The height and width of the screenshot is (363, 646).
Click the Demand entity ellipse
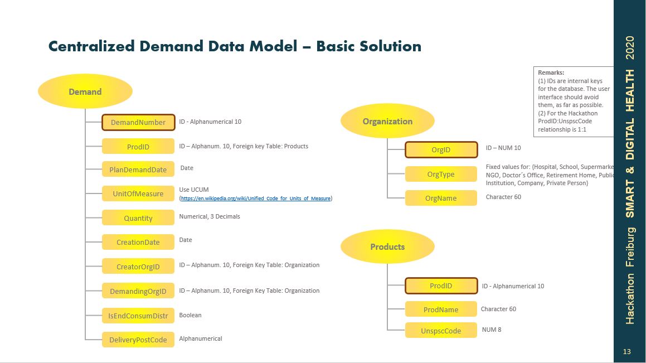click(x=85, y=91)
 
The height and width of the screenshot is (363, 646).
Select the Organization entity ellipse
click(x=387, y=122)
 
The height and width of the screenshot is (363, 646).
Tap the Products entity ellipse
click(x=387, y=246)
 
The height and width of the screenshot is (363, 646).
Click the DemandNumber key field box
click(x=138, y=122)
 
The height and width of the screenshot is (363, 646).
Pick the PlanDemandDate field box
click(x=138, y=170)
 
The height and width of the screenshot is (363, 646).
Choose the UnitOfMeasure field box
click(x=138, y=194)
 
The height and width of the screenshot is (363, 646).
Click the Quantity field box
click(x=138, y=218)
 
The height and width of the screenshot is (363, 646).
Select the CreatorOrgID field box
click(x=138, y=267)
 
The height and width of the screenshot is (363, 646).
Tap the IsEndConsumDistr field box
click(x=138, y=316)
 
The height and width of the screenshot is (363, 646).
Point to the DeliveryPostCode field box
click(x=138, y=340)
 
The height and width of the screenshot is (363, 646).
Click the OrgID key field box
click(x=441, y=149)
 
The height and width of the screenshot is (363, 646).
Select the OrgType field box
click(x=441, y=174)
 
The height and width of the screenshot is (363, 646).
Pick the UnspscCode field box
click(x=441, y=331)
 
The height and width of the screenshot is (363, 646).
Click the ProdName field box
click(x=441, y=309)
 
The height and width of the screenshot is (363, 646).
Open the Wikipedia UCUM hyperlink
click(x=255, y=199)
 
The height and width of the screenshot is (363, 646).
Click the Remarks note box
click(x=574, y=101)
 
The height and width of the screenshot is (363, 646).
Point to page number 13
click(x=627, y=351)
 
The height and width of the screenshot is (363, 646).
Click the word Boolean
click(x=190, y=315)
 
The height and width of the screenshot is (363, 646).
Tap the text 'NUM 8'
click(x=492, y=330)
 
